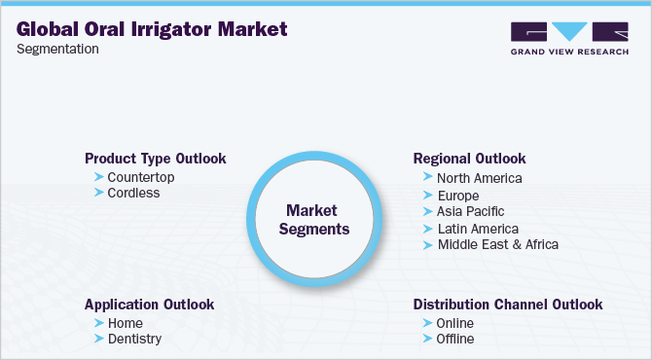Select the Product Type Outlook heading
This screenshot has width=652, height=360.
pos(156,159)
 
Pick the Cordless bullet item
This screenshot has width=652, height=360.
pos(133,193)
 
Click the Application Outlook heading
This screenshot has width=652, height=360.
pos(149,305)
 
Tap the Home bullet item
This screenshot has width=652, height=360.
pos(126,323)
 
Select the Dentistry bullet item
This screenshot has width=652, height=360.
pos(134,340)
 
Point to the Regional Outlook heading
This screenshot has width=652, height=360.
pos(469,159)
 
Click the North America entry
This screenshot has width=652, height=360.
pos(479,178)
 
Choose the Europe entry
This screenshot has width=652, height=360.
pos(458,195)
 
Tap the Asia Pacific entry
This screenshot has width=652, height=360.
pos(471,211)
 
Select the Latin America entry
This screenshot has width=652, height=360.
pos(478,228)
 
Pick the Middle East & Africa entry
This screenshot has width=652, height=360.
pos(497,244)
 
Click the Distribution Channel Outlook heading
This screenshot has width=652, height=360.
pos(508,305)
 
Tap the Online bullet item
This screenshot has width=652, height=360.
pos(455,323)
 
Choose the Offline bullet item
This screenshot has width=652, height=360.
pos(455,340)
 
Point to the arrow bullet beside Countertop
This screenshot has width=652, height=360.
pos(98,176)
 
